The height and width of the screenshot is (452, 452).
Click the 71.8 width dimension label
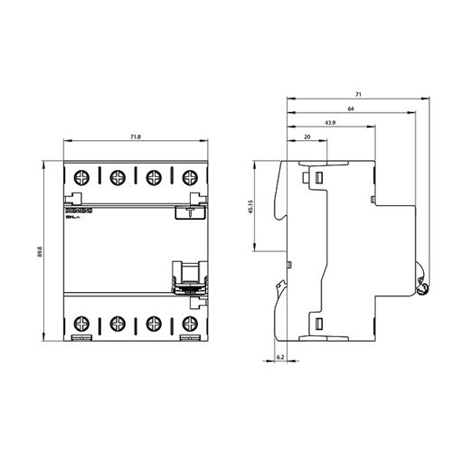coord(134,137)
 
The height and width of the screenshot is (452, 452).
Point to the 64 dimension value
coord(349,108)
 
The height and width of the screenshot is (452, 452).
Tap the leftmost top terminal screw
coord(80,176)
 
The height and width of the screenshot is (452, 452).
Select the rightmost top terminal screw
coord(189,176)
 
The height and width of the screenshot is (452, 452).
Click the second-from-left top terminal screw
coord(117,176)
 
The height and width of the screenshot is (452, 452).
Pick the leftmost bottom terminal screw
coord(80,322)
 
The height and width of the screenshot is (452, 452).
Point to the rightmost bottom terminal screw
coord(189,322)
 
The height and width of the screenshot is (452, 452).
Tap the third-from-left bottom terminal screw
coord(154,322)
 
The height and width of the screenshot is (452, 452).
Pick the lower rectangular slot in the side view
coord(318,323)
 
